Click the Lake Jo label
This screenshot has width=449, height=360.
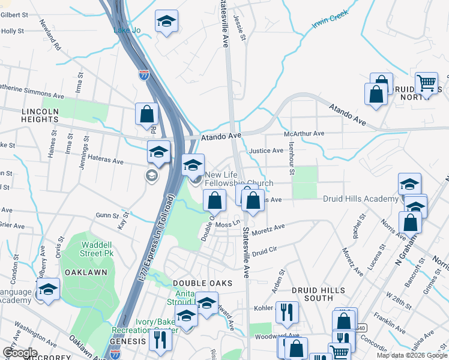point(127,30)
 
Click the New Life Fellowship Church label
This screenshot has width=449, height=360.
point(238,179)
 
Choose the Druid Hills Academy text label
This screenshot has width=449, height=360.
point(361,199)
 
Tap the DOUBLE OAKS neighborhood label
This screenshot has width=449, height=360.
point(198,283)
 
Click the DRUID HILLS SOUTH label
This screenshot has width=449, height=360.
point(318,295)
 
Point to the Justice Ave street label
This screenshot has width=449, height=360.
point(266,151)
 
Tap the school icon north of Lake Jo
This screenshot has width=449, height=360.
point(167,22)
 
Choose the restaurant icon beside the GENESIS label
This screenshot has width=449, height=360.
point(160,340)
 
